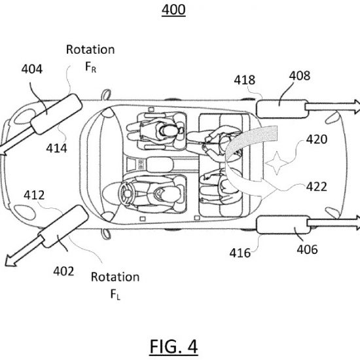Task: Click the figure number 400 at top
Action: tap(173, 10)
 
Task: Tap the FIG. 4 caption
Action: tap(173, 347)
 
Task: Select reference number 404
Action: tap(32, 69)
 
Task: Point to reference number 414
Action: tap(56, 148)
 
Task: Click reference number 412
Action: tap(34, 195)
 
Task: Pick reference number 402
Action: tap(63, 271)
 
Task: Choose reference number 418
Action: tap(245, 80)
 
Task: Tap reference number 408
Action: tap(300, 75)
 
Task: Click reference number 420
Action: tap(317, 139)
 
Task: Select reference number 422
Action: tap(317, 187)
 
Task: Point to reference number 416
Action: tap(240, 253)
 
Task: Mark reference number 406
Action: tap(307, 249)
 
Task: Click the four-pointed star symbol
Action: tap(277, 163)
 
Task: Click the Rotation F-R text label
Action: tap(90, 58)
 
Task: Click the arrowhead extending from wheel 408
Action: tap(357, 107)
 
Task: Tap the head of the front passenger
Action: tap(168, 130)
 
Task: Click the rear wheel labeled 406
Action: tap(283, 225)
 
